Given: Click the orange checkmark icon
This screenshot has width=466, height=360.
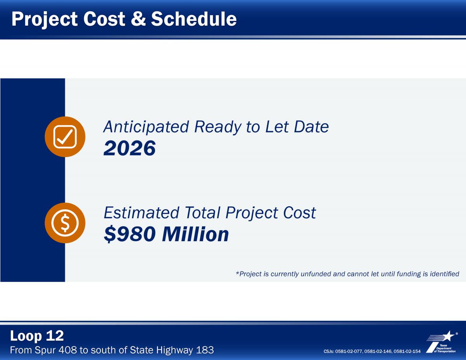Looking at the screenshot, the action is tap(65, 137).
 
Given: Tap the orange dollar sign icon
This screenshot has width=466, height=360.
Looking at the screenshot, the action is tap(65, 223).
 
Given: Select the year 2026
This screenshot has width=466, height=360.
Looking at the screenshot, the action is tap(130, 148).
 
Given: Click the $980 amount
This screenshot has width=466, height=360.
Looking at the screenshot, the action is tap(130, 234).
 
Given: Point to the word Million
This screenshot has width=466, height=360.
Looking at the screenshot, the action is tap(196, 234).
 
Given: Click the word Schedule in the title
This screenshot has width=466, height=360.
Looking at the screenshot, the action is tap(194, 19).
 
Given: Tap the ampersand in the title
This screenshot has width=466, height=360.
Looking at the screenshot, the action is tap(138, 19).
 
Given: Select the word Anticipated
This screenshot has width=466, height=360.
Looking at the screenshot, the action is tap(146, 127).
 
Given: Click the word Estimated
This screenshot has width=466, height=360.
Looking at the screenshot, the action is tap(141, 213).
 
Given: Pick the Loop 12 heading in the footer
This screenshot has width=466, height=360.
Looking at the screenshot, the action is tap(37, 336).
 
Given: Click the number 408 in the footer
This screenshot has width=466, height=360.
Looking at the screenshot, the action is tap(68, 350).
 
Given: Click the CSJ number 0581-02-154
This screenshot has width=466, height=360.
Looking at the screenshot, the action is tap(407, 351).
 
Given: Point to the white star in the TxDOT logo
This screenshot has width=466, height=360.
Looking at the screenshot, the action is tap(448, 336).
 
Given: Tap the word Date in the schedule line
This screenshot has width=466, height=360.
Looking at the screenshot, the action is tap(311, 127).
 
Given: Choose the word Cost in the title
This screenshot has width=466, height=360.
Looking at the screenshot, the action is tap(104, 19).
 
